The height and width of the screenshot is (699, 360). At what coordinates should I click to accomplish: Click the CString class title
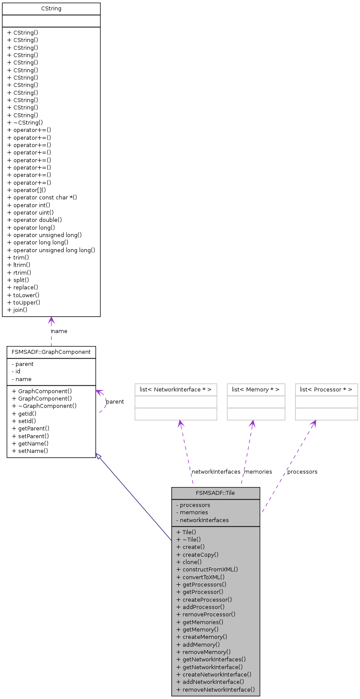point(51,9)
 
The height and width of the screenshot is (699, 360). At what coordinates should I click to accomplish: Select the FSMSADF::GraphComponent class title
point(51,352)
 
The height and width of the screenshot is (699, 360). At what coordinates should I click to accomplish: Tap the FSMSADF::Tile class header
point(215,493)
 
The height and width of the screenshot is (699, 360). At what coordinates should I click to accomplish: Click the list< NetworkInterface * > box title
point(176,390)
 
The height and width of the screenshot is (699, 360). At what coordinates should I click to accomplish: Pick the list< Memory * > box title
point(256,390)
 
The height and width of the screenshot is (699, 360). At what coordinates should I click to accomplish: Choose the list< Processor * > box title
point(326,390)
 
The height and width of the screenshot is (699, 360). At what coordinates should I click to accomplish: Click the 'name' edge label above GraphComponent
point(60,331)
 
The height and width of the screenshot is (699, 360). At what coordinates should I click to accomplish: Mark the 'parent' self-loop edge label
point(115,402)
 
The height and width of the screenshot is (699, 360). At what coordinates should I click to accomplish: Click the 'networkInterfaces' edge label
point(216,472)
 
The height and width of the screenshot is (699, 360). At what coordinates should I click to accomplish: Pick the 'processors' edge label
point(302,472)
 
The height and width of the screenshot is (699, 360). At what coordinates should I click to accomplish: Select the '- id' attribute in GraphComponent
point(16,372)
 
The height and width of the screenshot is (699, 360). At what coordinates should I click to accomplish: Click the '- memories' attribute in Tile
point(192,513)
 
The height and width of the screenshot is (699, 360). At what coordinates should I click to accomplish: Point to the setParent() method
point(31,436)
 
